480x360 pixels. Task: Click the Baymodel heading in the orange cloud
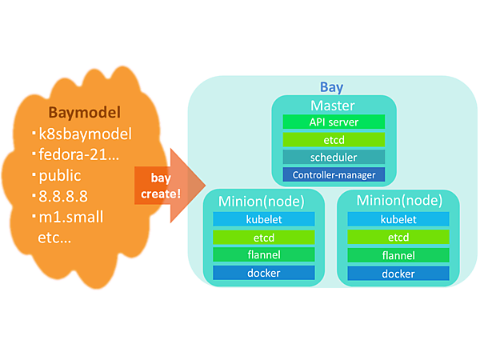tap(84, 111)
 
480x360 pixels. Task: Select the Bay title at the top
tap(332, 86)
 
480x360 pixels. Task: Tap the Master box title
tap(333, 105)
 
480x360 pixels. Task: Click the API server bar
tap(334, 122)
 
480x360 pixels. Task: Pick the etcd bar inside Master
tap(334, 139)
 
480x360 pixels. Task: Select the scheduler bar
tap(334, 157)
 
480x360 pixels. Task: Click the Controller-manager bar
tap(334, 174)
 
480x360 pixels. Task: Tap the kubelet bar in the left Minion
tap(263, 218)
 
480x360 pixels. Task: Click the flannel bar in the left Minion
tap(263, 255)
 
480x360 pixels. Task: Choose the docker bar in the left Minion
tap(263, 274)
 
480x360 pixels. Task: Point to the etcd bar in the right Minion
tap(398, 237)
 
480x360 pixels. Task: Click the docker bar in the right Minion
tap(398, 274)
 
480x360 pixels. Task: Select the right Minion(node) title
tap(398, 200)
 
